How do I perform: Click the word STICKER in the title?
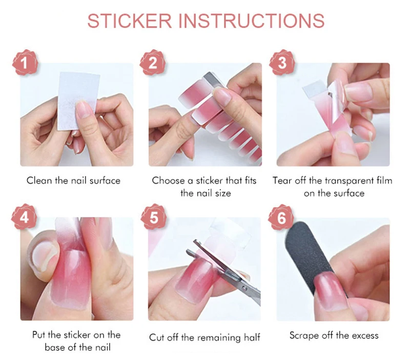[130, 21]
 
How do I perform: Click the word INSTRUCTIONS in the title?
[252, 21]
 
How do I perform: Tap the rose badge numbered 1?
[25, 63]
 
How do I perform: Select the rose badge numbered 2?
[153, 63]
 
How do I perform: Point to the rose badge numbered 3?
[282, 63]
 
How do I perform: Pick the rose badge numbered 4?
[24, 217]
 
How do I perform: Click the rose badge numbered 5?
[153, 217]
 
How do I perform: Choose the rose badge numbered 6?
[281, 217]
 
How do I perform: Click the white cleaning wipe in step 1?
[78, 101]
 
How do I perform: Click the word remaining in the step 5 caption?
[219, 337]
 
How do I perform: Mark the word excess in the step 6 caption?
[365, 336]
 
